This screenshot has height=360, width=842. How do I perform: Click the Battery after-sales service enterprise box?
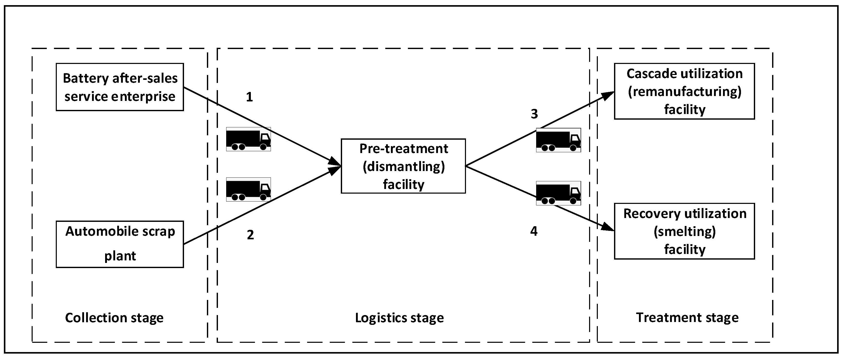tap(120, 87)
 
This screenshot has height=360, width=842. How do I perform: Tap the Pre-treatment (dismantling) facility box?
tap(403, 166)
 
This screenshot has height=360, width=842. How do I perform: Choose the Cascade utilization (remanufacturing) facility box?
tap(684, 91)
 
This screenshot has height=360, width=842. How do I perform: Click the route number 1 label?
tap(249, 97)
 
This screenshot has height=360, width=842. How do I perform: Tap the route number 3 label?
tap(534, 114)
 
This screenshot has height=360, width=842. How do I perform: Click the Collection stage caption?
tap(114, 318)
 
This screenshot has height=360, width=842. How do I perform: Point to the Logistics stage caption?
tap(399, 318)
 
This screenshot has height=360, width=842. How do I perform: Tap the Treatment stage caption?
tap(687, 318)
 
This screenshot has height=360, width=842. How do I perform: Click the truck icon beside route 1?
tap(249, 139)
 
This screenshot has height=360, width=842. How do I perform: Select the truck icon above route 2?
tap(249, 190)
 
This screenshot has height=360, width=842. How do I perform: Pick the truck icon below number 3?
tap(558, 140)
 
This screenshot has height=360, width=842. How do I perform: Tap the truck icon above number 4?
tap(558, 193)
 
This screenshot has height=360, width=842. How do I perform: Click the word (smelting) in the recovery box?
tap(684, 232)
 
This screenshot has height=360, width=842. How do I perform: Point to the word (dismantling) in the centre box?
tap(404, 167)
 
